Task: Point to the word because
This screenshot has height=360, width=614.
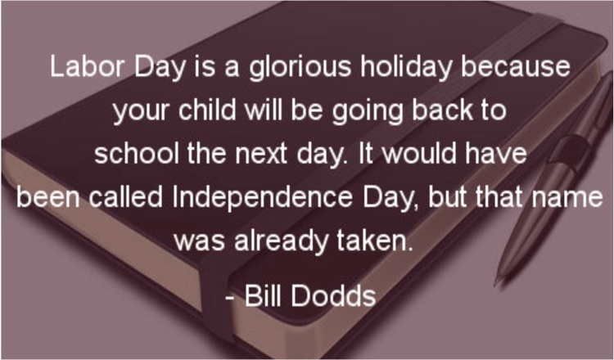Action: coord(515,66)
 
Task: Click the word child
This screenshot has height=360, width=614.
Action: coord(207,110)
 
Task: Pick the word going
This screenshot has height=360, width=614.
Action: coord(368,112)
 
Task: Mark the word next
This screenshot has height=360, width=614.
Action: coord(261,154)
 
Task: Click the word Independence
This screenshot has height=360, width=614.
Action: coord(262,198)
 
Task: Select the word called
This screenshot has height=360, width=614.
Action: coord(125,196)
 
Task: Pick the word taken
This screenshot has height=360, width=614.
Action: coord(376,240)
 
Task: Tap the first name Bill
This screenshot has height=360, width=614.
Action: coord(263,295)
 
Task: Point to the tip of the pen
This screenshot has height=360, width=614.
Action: coord(497,284)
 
